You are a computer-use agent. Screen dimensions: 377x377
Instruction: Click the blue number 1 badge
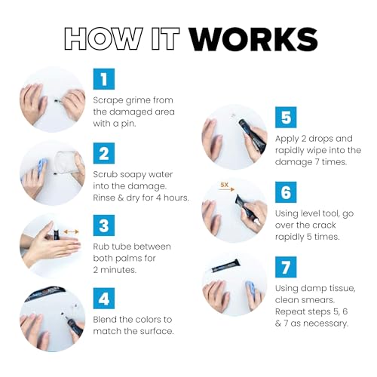coord(104,79)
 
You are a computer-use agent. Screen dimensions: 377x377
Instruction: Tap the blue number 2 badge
coord(104,153)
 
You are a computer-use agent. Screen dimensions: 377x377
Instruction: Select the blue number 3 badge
coord(104,225)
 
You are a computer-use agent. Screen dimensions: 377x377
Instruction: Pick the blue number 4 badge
coord(104,299)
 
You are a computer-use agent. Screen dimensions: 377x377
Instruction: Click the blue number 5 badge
coord(286,118)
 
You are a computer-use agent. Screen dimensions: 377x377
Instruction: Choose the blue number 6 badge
coord(286,192)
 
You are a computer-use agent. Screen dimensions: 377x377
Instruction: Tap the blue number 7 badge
coord(286,267)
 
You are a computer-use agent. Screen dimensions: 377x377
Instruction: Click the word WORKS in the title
coord(253,39)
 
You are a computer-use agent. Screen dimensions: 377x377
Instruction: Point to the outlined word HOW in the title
coord(103,38)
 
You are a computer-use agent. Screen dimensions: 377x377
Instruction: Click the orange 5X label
coord(224,185)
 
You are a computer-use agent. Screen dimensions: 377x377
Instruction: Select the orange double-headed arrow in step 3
coord(72,231)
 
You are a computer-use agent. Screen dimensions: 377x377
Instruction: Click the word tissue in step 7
coord(343,289)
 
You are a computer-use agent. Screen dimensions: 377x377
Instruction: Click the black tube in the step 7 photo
coord(225,266)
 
